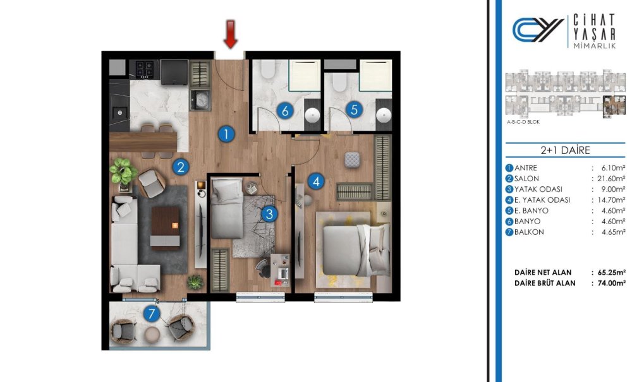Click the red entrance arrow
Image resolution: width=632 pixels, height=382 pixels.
click(x=231, y=34)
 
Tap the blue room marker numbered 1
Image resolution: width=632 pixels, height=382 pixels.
click(x=226, y=134)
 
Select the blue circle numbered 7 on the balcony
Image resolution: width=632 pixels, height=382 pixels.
click(x=152, y=313)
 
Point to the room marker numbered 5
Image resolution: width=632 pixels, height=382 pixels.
click(x=354, y=109)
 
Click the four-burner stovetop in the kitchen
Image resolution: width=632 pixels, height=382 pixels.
click(x=145, y=69)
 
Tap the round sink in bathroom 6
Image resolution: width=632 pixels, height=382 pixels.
click(x=312, y=116)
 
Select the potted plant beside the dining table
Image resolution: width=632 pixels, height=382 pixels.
click(x=123, y=172)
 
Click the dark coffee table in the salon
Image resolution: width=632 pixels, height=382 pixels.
click(x=165, y=228)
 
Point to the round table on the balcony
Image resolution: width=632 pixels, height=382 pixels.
click(x=152, y=335)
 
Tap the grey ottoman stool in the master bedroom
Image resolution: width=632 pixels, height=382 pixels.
click(x=352, y=160)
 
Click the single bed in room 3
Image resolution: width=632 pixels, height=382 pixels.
click(x=227, y=208)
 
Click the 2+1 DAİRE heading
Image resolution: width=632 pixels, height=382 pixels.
click(x=565, y=150)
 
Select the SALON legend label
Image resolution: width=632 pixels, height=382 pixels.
click(x=526, y=178)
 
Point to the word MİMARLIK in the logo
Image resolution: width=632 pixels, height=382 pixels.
click(x=595, y=46)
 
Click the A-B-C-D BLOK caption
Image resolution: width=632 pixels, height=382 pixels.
click(x=523, y=122)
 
